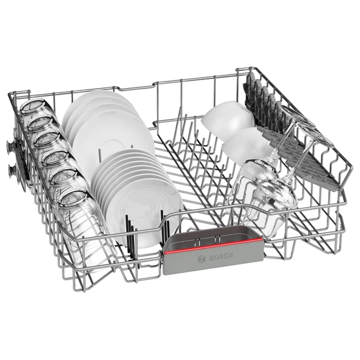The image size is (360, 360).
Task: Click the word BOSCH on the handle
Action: click(x=220, y=256)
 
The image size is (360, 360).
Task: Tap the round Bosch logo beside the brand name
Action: click(x=201, y=259)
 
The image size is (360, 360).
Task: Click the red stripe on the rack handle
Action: click(x=213, y=246)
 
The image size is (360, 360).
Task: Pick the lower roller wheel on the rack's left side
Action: click(x=11, y=171)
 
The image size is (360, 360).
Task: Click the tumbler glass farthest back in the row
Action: click(x=31, y=108)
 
